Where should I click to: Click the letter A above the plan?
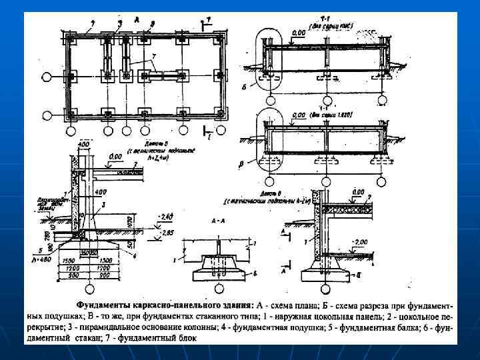coord(136,21)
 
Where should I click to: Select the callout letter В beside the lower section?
coord(249,162)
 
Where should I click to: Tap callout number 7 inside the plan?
coord(153,55)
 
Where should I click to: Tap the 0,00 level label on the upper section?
coord(299,31)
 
